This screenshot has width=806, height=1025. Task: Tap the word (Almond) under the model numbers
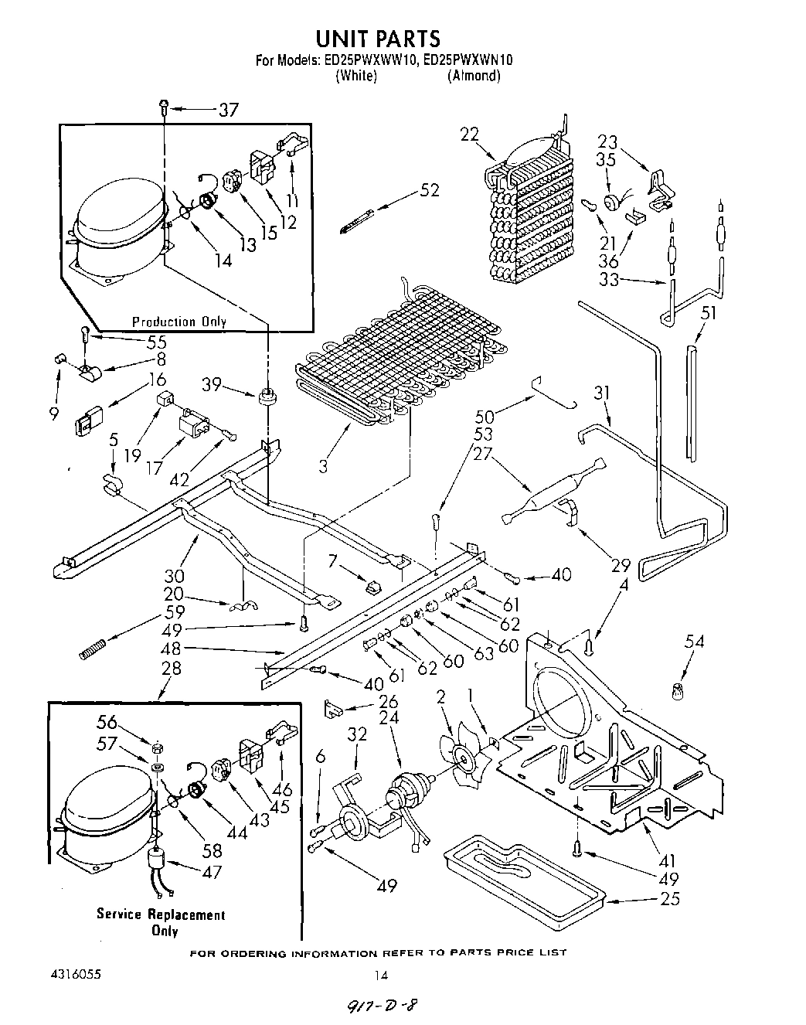click(x=473, y=76)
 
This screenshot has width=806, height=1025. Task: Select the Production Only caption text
click(x=179, y=322)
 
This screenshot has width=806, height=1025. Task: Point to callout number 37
click(x=228, y=110)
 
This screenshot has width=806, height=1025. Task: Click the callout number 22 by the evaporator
click(x=469, y=135)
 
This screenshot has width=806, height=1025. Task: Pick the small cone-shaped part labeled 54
click(x=679, y=690)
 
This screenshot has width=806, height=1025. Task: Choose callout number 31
click(x=601, y=393)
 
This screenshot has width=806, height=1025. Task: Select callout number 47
click(x=211, y=871)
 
